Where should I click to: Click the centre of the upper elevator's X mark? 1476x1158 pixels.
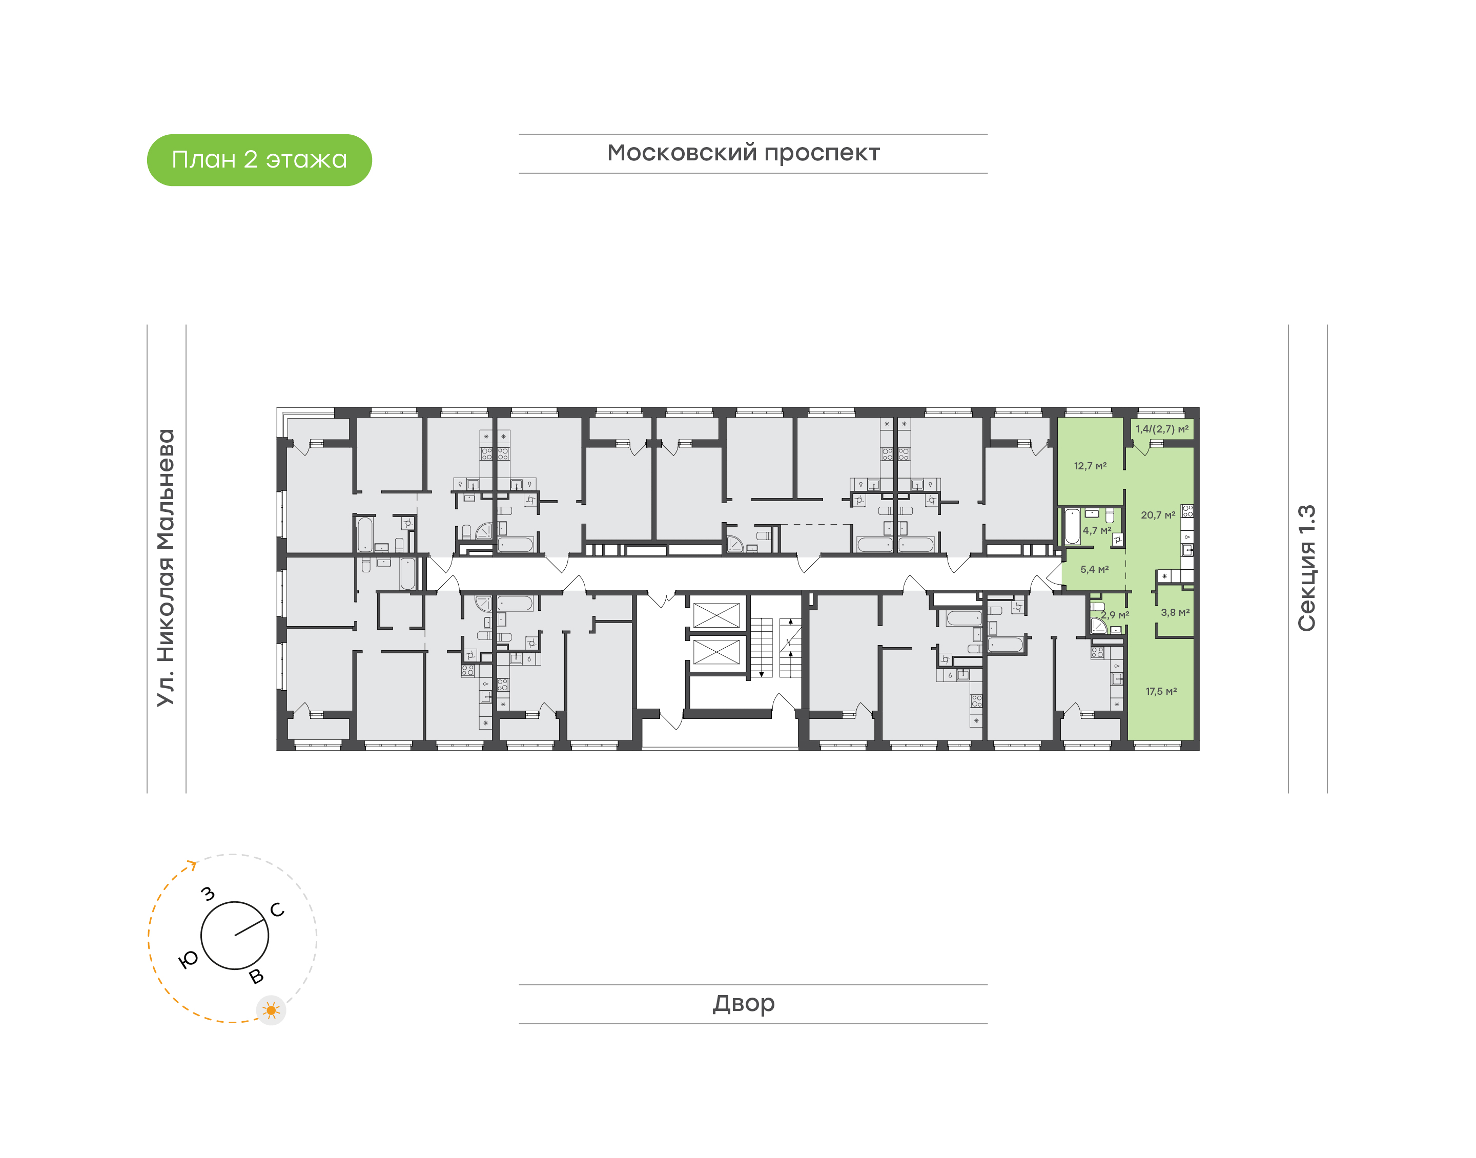click(x=716, y=615)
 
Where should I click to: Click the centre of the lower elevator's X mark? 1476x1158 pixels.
click(x=716, y=652)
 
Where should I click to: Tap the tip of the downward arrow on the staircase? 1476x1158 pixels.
click(x=762, y=676)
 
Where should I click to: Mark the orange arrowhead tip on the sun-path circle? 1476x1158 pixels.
click(x=197, y=864)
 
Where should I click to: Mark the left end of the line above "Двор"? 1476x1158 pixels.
click(x=519, y=984)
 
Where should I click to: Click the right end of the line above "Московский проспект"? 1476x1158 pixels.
click(x=988, y=134)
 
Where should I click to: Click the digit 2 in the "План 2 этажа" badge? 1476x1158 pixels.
click(x=250, y=159)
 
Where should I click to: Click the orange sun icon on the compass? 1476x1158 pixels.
click(x=271, y=1010)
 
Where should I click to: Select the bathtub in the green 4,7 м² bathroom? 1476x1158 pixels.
click(x=1072, y=527)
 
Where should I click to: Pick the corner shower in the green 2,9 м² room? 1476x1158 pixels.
click(x=1098, y=625)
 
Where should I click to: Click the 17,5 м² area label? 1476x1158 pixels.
click(x=1161, y=692)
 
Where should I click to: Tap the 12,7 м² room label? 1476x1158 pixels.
click(x=1090, y=466)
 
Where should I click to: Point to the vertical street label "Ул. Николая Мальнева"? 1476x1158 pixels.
click(x=166, y=568)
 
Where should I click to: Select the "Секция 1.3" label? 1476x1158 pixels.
click(x=1306, y=568)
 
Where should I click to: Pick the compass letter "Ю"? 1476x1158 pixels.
click(x=188, y=959)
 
